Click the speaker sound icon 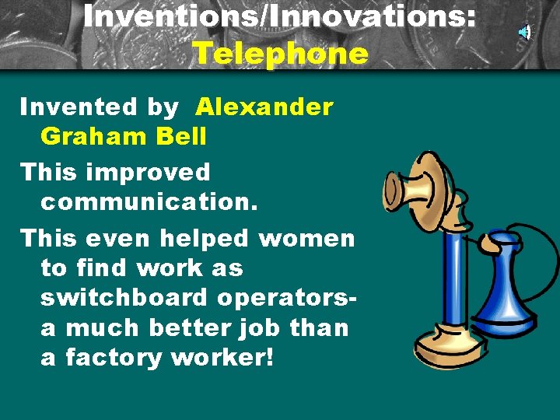[x=525, y=32]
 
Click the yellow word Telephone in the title [x=279, y=54]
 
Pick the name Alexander [x=264, y=107]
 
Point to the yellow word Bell [x=181, y=137]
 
